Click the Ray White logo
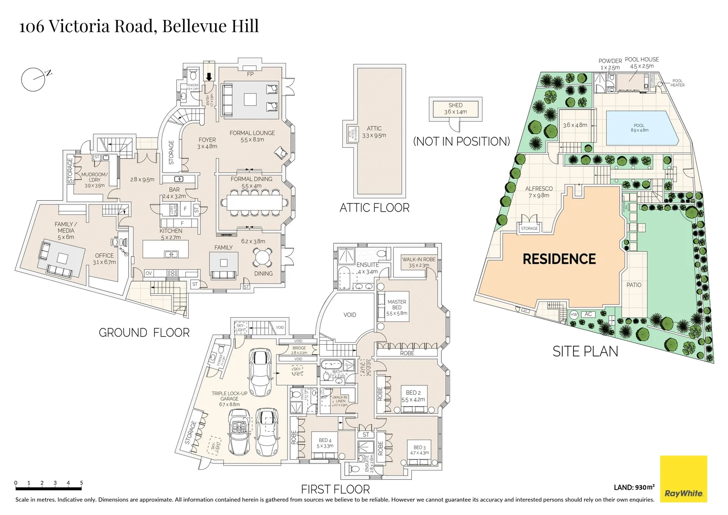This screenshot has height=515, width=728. [x=683, y=479]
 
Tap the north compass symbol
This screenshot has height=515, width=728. [x=34, y=79]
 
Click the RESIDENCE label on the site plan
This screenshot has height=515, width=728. [x=559, y=259]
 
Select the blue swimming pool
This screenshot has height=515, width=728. [x=642, y=128]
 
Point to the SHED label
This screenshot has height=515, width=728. [x=455, y=105]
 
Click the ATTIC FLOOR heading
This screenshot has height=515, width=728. [x=374, y=208]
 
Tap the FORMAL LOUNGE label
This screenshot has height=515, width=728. [x=252, y=133]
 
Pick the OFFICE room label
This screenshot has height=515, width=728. [x=104, y=256]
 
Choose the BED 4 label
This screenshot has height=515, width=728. [x=325, y=440]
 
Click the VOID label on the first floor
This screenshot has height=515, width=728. [x=349, y=315]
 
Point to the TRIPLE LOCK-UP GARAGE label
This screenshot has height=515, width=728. [x=229, y=396]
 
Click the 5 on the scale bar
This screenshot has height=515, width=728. [x=82, y=483]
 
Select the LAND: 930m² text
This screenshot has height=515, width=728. [x=634, y=487]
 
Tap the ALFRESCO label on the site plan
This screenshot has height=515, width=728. [x=539, y=189]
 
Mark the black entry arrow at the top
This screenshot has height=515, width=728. [x=209, y=77]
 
